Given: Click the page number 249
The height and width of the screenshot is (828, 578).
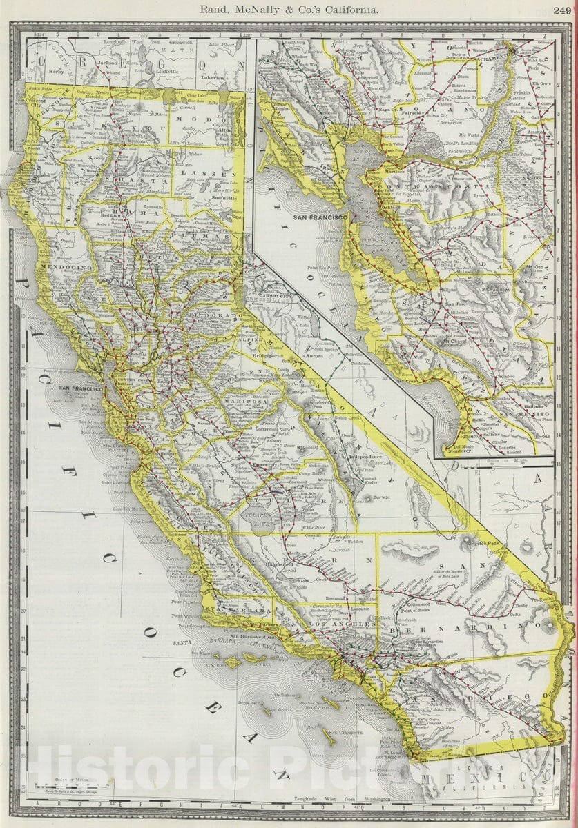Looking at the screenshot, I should point(561,10).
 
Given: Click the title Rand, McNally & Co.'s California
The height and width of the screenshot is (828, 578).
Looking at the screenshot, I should point(289,10).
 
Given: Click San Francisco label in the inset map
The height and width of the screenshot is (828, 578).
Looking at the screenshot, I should point(320,217).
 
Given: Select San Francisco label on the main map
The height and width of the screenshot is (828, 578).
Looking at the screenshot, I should point(80,389).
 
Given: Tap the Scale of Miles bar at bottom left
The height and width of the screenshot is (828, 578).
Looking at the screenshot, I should point(73,785).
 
